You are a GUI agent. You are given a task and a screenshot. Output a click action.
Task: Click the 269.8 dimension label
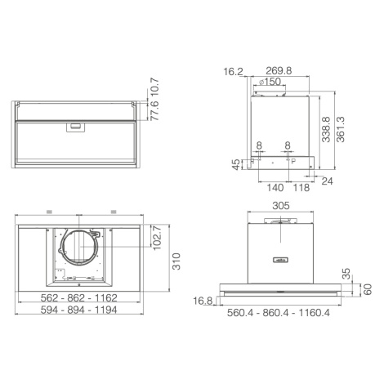point(279,71)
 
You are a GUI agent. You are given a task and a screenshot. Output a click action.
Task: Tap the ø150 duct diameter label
point(270,82)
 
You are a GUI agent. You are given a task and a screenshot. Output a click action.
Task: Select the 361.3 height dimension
point(341,129)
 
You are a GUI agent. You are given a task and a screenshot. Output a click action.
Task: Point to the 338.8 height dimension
point(326,129)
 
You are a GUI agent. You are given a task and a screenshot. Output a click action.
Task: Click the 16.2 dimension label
point(233,72)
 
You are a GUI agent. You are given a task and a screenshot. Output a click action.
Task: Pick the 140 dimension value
point(275,188)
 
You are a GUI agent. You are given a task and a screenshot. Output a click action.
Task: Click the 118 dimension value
point(301,188)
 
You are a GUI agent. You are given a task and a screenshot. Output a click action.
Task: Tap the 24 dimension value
point(327,181)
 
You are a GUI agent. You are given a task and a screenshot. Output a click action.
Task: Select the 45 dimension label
point(237,164)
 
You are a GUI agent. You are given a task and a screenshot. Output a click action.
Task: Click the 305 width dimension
point(281,206)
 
